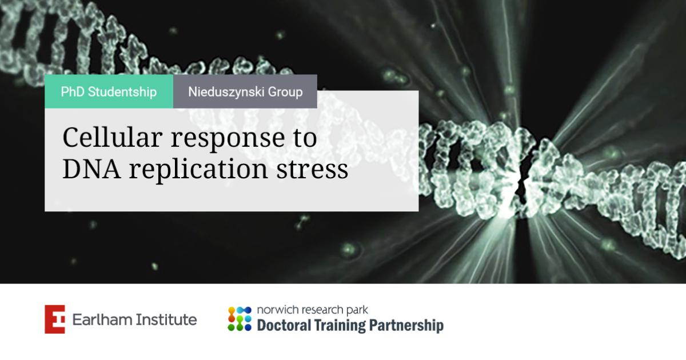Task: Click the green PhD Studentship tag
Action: click(x=109, y=91)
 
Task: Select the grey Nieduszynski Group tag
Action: click(x=245, y=91)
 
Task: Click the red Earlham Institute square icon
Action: click(x=55, y=319)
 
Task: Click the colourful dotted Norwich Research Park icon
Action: click(x=240, y=319)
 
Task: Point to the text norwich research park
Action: click(x=313, y=310)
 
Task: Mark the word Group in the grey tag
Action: click(x=284, y=91)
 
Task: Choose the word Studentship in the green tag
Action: click(x=122, y=91)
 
